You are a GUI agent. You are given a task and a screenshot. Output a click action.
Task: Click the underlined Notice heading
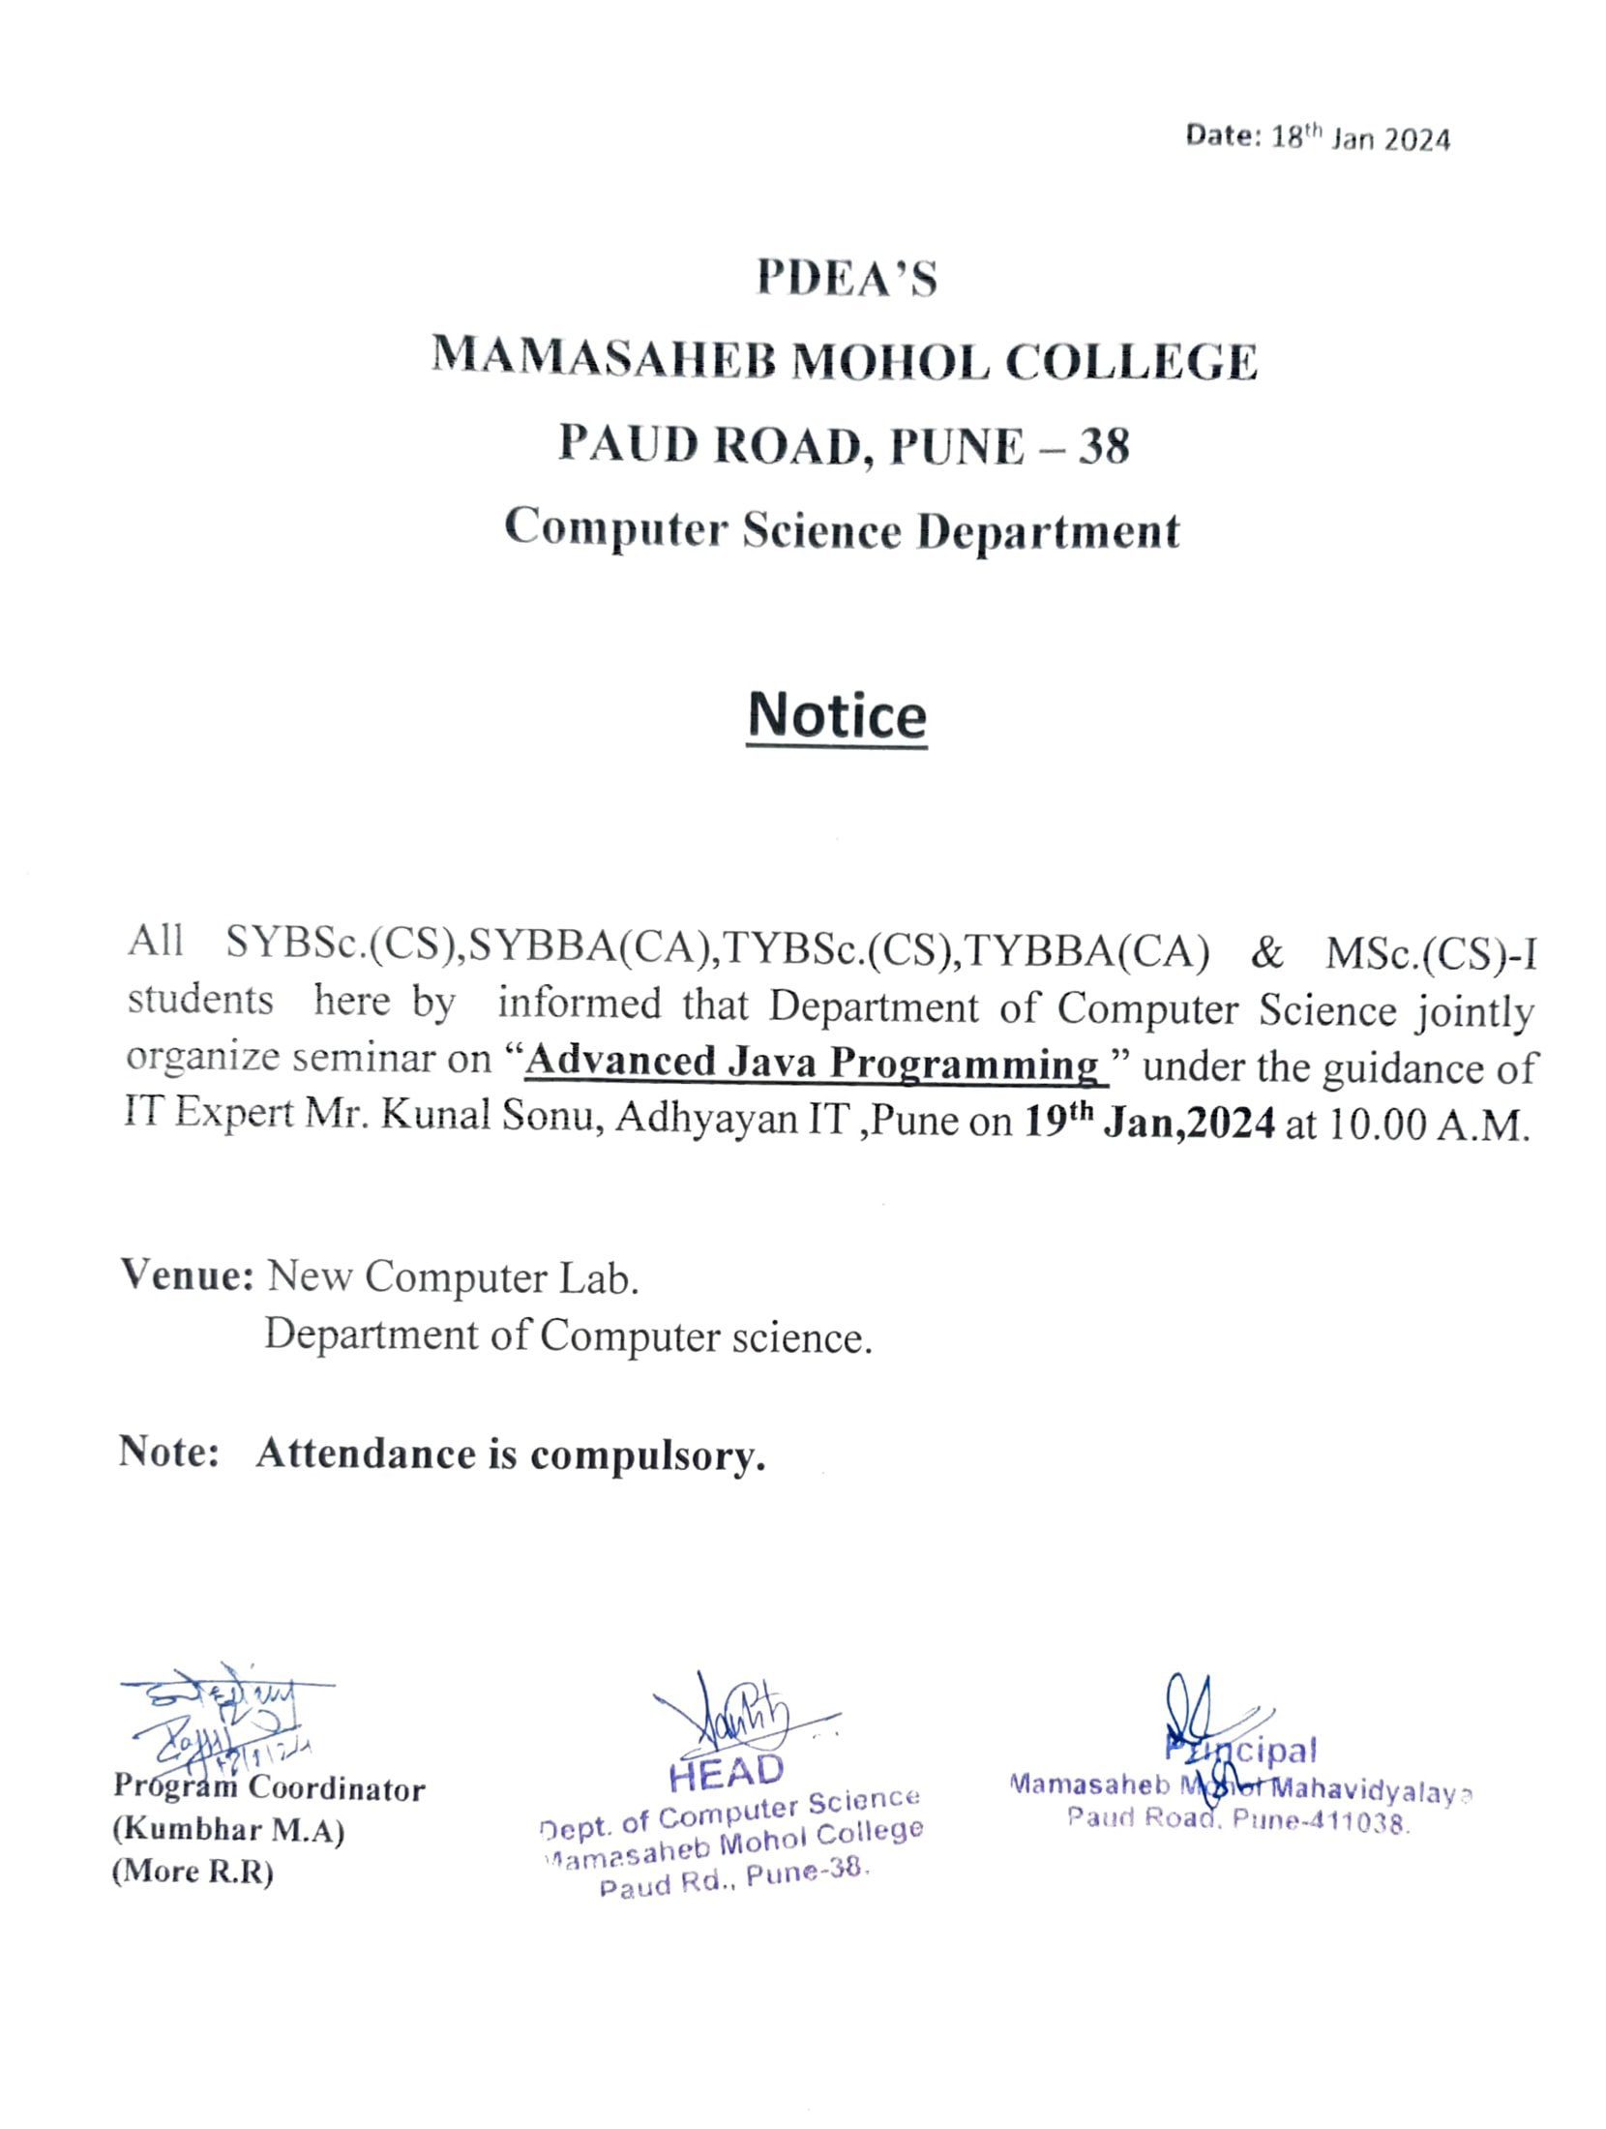837,717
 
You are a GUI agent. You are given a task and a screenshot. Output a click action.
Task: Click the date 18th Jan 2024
1359,138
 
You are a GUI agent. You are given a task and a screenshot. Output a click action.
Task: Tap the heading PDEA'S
847,279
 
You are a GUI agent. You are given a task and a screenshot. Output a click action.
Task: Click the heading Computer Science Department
842,530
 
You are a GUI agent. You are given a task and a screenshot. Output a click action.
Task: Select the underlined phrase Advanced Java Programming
813,1063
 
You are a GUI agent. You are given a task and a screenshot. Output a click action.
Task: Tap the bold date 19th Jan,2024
1149,1123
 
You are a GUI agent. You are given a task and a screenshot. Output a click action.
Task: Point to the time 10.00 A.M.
1429,1125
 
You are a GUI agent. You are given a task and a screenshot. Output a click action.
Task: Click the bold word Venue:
187,1275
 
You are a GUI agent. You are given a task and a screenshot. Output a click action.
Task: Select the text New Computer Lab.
453,1277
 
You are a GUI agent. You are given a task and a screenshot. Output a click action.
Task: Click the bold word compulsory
647,1455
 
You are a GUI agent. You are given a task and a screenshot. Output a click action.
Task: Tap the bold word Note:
169,1452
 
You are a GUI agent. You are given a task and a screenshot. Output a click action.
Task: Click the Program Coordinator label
269,1788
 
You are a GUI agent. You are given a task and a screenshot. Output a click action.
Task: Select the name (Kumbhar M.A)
228,1830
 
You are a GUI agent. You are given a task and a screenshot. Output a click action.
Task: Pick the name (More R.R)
193,1872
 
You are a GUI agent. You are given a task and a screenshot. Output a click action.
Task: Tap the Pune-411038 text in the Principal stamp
1321,1822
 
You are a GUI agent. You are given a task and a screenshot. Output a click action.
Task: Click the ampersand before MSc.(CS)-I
1266,953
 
